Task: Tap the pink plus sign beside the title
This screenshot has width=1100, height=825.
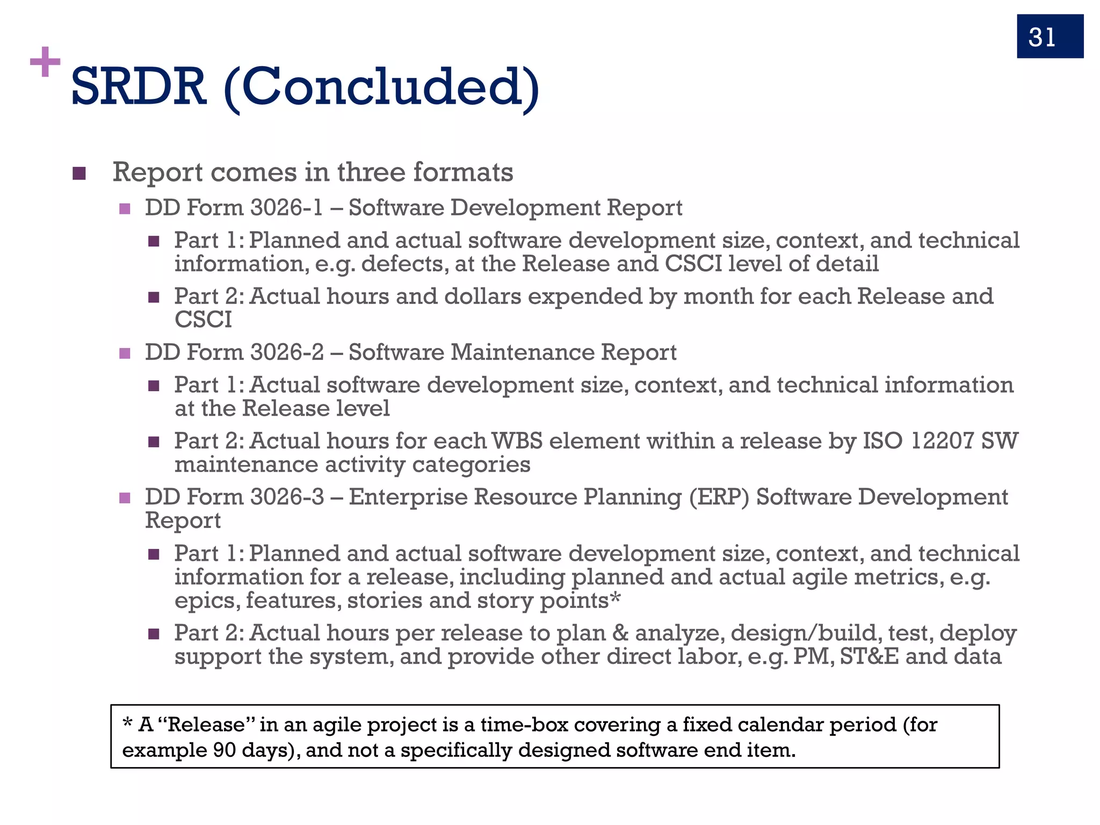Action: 45,62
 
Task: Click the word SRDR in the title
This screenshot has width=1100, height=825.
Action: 139,87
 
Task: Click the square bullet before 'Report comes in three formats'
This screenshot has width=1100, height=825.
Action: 79,173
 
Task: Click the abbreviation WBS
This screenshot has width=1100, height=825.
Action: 517,441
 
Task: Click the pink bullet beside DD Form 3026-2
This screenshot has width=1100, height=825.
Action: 125,353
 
